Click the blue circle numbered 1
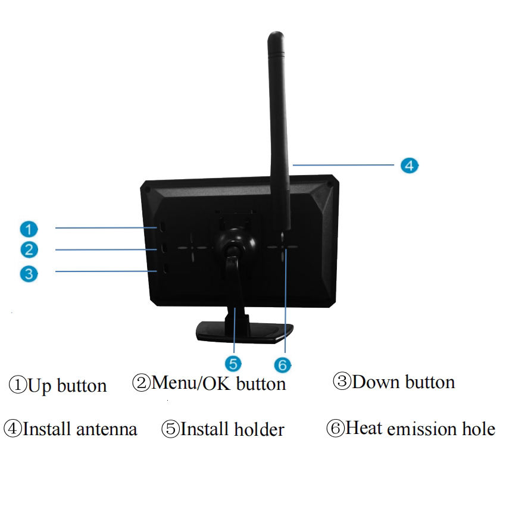click(28, 228)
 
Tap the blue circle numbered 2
click(28, 249)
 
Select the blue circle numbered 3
click(28, 273)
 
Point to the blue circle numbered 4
click(408, 165)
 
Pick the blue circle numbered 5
click(233, 363)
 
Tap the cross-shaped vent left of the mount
click(193, 248)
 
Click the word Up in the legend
click(39, 386)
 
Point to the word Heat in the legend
click(364, 428)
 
